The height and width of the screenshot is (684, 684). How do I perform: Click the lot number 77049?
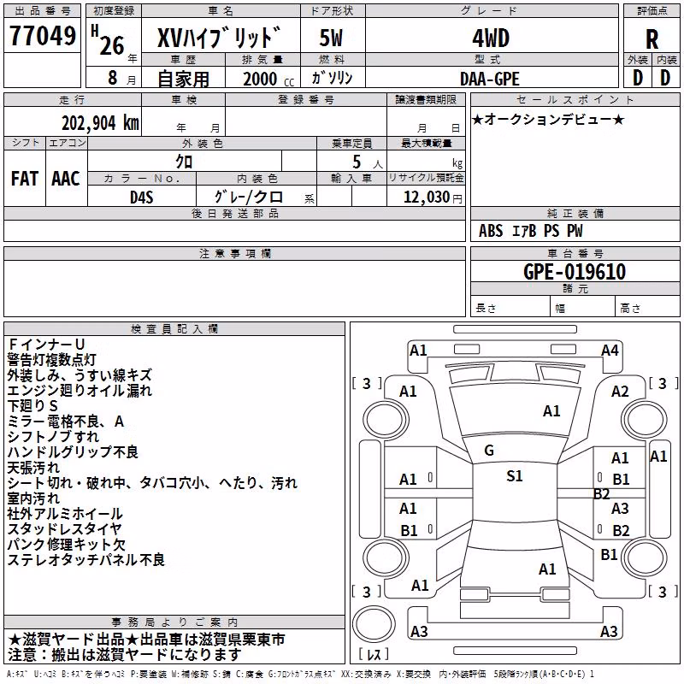pos(43,35)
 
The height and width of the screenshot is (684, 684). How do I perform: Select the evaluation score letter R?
pos(652,39)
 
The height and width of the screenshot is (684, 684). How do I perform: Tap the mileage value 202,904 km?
pos(100,123)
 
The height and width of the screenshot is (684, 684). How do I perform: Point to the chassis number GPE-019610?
pos(575,272)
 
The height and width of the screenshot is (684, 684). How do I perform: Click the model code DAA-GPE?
pos(490,79)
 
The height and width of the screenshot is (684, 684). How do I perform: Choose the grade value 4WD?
pos(491,38)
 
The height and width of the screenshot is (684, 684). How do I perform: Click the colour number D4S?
pos(142,198)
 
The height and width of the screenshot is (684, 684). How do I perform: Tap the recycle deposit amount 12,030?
pos(427,197)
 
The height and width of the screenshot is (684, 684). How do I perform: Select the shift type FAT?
pos(25,179)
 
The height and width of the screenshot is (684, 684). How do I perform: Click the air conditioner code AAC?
pos(66,179)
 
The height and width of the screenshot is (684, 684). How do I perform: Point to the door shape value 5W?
pos(331,38)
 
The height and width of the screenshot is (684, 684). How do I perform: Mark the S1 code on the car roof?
pos(515,476)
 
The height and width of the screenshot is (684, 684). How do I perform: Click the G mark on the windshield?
pos(489,451)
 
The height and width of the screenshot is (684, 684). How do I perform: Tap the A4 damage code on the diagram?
pos(610,351)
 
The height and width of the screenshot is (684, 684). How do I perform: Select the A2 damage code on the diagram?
pos(620,392)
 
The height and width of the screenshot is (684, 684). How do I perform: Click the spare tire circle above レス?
pos(374,623)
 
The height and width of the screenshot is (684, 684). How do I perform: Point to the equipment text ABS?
pos(491,231)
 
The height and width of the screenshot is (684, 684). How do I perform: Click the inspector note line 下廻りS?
pos(32,405)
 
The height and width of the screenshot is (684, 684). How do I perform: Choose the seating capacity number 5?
pos(357,162)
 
